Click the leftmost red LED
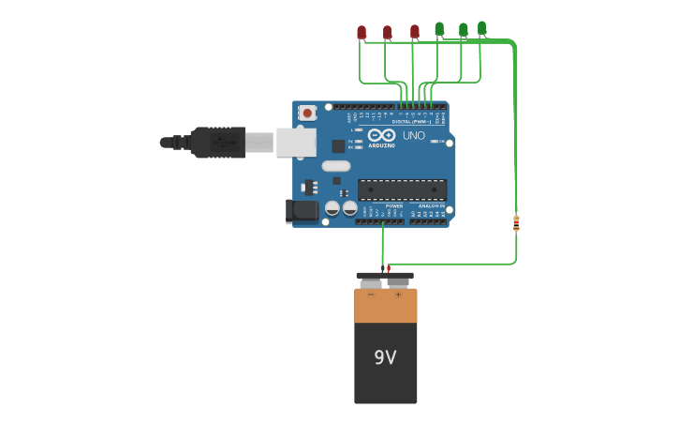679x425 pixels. click(362, 32)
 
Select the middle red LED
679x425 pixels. click(387, 32)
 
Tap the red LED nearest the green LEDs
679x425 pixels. click(415, 31)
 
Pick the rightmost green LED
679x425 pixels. click(482, 28)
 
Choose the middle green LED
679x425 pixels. click(463, 30)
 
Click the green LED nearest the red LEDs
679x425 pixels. click(439, 29)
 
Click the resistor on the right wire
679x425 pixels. click(516, 223)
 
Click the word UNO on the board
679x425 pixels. click(413, 136)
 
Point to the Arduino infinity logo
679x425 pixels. click(381, 135)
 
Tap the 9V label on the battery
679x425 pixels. click(385, 357)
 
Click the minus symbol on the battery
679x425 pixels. click(371, 295)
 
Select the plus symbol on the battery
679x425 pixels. click(398, 295)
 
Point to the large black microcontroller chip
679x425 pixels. click(402, 190)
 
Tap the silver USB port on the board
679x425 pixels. click(296, 143)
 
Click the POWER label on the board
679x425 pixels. click(393, 205)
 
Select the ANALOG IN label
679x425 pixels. click(431, 205)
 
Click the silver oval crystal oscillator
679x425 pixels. click(336, 166)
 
